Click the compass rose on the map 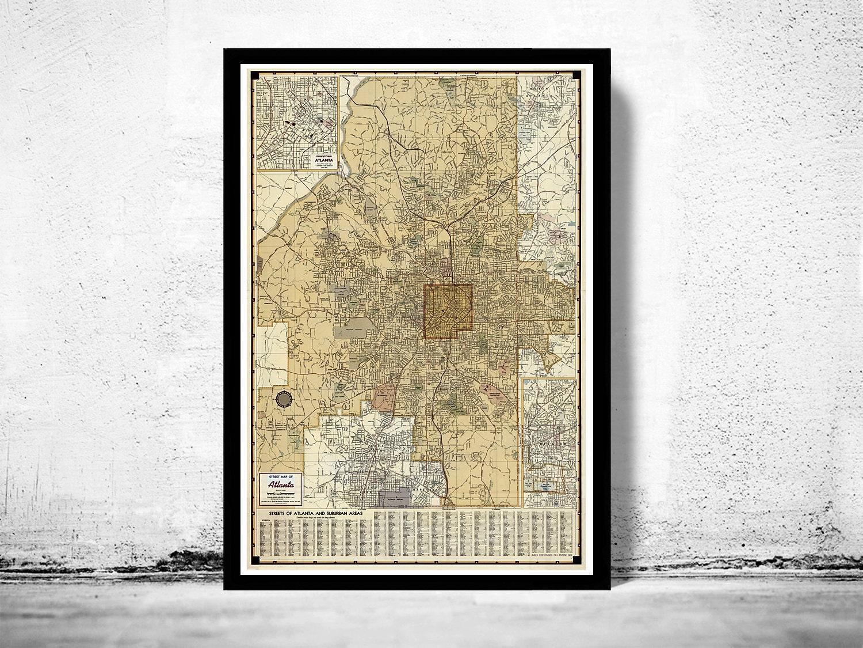(284, 399)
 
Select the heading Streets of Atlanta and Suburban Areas (314, 512)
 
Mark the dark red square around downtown (448, 311)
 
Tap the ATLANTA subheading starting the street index (265, 520)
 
